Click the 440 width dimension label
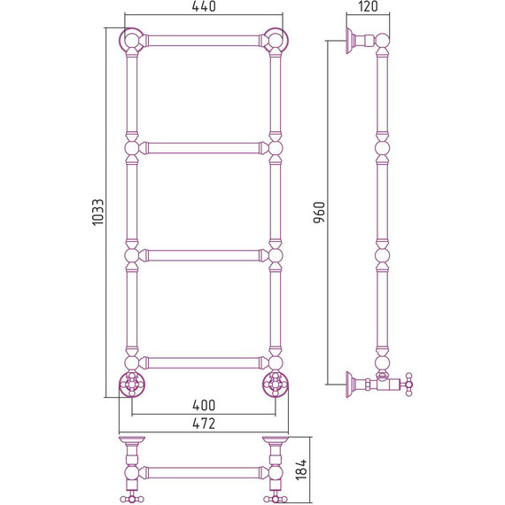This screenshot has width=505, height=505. click(204, 6)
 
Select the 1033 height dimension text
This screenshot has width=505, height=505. click(98, 213)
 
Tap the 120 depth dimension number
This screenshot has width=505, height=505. click(368, 6)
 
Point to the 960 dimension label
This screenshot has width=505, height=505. click(319, 213)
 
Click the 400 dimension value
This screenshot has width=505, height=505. click(204, 405)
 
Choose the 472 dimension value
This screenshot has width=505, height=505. click(204, 423)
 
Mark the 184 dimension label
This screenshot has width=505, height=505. click(301, 470)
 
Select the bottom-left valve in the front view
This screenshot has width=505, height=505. click(132, 385)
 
